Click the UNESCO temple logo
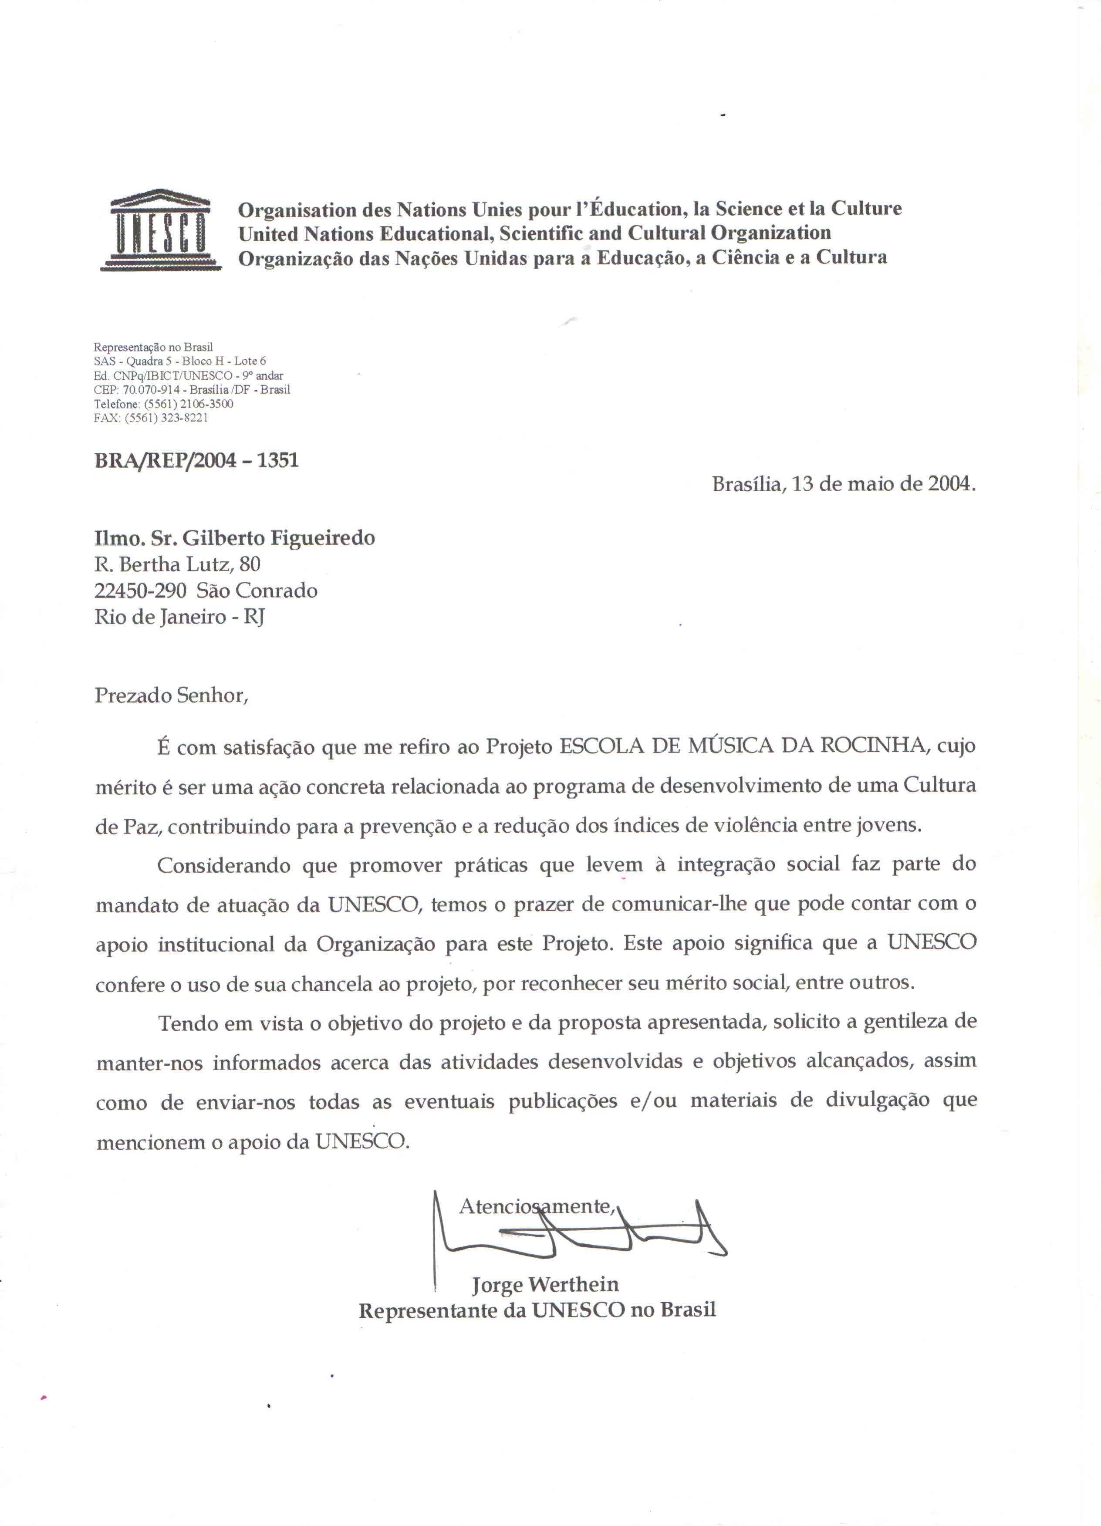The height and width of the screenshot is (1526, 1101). coord(160,230)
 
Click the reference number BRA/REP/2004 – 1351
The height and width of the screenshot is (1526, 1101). coord(196,460)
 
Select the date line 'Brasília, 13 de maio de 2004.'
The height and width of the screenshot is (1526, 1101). coord(843,484)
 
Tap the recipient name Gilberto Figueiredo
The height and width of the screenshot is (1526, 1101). coord(279,538)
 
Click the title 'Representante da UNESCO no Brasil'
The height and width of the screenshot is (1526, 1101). coord(537,1310)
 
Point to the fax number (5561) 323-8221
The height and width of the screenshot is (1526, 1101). coord(166,418)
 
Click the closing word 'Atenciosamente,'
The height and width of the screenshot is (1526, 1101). coord(537,1206)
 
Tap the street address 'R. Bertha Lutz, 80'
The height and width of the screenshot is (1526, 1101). coord(177,564)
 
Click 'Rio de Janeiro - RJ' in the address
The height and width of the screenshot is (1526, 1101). coord(179,617)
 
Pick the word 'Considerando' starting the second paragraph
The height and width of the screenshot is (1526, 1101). coord(223,866)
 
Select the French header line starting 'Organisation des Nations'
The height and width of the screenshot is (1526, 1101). coord(569,209)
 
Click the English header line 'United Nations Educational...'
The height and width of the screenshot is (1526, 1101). coord(534,233)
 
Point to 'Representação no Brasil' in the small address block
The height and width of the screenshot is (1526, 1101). coord(153,347)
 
